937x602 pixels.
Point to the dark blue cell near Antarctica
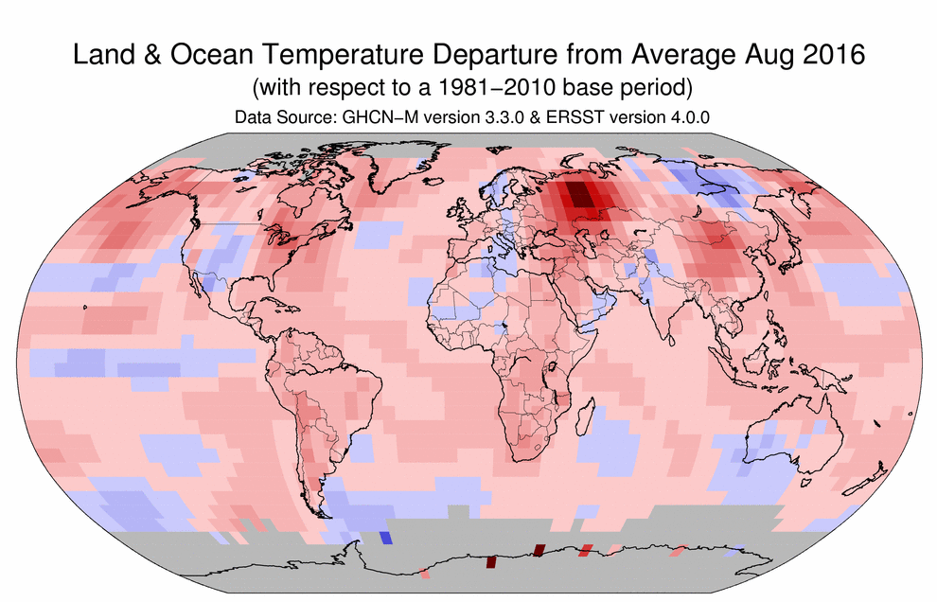[x=384, y=538]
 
